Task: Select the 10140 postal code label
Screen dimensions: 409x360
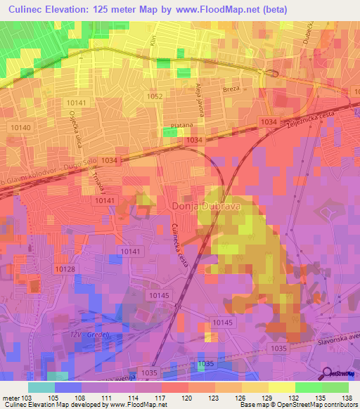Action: coord(21,127)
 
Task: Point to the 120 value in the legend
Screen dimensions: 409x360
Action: coord(175,397)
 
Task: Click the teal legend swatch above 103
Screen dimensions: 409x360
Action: coord(41,387)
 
